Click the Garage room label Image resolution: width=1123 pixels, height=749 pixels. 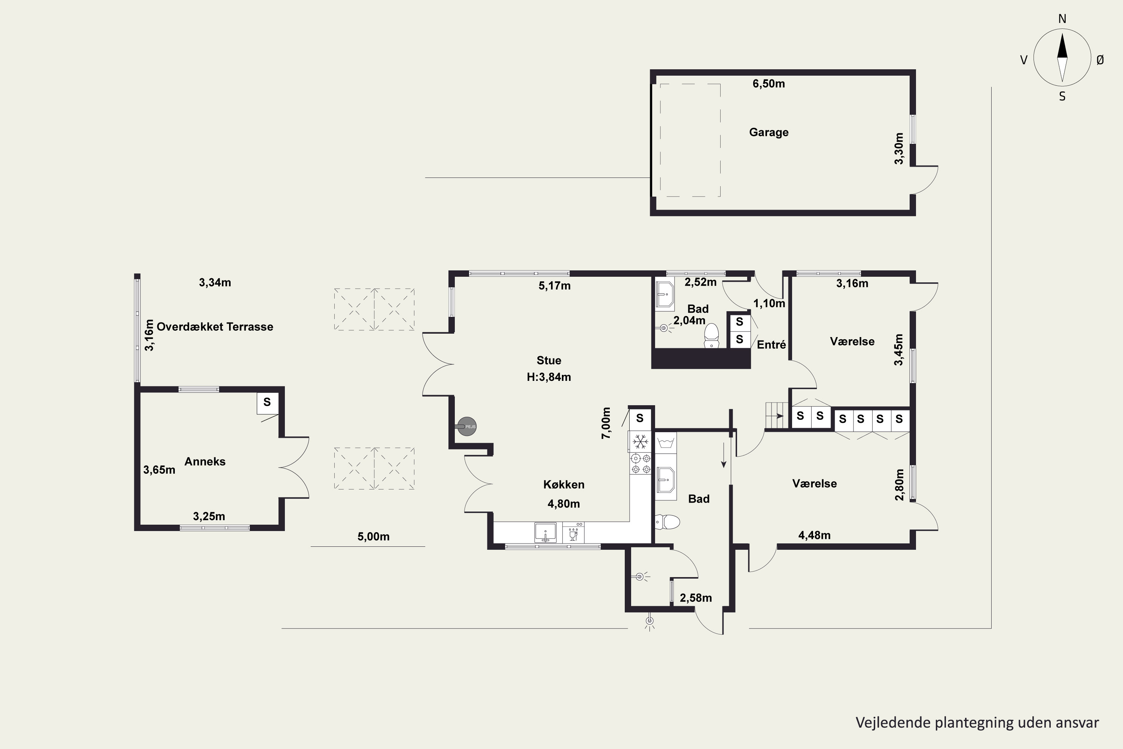[x=769, y=132]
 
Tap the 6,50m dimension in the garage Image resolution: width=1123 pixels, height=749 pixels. [x=769, y=84]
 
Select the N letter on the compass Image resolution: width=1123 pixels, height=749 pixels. [x=1062, y=19]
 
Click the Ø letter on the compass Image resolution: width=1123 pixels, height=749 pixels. [x=1100, y=60]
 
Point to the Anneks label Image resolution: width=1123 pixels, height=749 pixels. [x=205, y=461]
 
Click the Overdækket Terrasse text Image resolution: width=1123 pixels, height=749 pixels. [x=215, y=327]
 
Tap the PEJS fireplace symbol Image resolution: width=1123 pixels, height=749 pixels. [x=466, y=426]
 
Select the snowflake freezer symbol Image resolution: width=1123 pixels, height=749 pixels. [x=640, y=442]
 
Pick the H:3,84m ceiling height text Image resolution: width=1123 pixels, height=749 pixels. [x=549, y=377]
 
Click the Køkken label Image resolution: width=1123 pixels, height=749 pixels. [x=564, y=484]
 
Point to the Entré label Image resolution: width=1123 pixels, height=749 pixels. [x=772, y=345]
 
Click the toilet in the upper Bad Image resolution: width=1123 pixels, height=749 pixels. [x=712, y=336]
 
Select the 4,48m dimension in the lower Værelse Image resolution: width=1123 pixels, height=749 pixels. [x=815, y=536]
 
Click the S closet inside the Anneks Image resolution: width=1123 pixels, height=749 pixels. [x=267, y=402]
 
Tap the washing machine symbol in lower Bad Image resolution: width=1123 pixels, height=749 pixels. [x=666, y=442]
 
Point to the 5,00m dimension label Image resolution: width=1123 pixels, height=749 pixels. [x=373, y=536]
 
